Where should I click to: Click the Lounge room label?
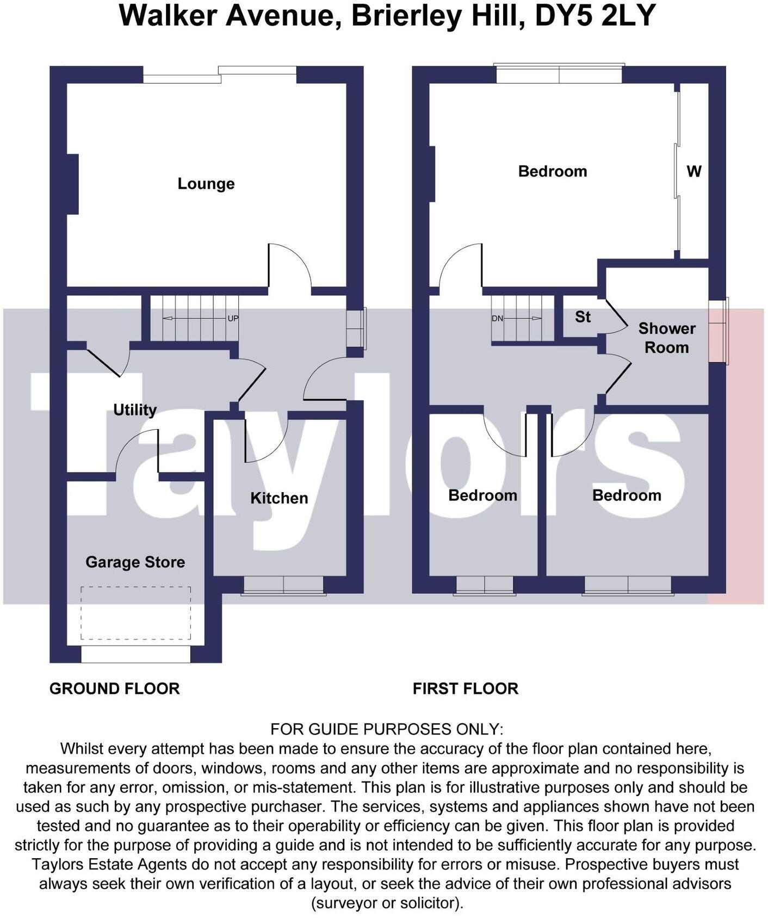pos(206,184)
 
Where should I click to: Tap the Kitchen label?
pos(279,498)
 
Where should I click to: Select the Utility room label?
pos(134,410)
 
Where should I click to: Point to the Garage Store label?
pos(135,562)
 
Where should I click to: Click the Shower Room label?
pos(666,338)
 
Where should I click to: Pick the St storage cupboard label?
pos(583,317)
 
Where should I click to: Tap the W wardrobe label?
pos(693,171)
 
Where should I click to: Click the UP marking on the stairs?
pos(233,319)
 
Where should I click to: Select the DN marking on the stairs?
pos(497,319)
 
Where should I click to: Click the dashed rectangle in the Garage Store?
pos(135,613)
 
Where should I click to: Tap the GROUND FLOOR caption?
pos(114,688)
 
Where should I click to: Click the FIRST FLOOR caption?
pos(465,688)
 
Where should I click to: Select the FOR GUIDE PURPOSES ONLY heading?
pos(387,729)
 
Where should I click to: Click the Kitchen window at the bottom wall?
pos(283,586)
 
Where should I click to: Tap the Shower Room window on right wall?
pos(719,331)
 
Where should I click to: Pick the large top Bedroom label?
pos(552,171)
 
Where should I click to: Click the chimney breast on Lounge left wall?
pos(72,184)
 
